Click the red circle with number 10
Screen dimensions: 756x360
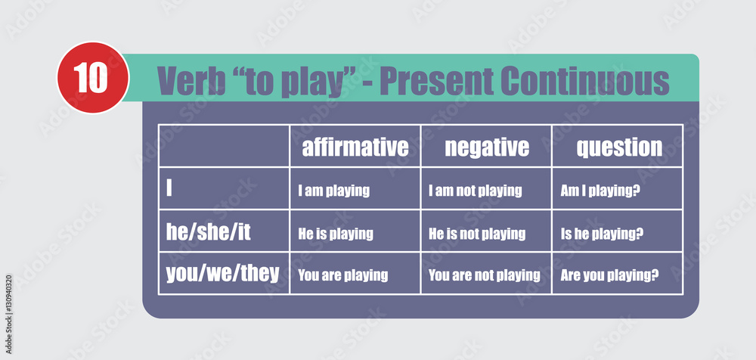point(93,78)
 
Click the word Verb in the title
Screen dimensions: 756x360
point(191,81)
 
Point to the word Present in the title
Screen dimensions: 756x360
point(436,81)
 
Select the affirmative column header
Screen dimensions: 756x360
point(355,147)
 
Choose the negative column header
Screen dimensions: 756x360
point(486,147)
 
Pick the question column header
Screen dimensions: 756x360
point(619,147)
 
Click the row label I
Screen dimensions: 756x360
point(169,188)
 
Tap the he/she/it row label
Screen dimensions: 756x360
point(209,232)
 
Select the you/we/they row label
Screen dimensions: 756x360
point(223,274)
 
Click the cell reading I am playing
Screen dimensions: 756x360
point(333,191)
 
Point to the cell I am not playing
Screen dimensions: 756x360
point(475,191)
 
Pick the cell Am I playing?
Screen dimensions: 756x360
point(600,191)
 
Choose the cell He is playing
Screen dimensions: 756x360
point(336,234)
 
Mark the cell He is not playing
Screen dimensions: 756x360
point(477,234)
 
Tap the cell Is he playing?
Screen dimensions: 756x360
point(602,234)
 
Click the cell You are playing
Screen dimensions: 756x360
point(342,275)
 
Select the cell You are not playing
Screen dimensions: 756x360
point(484,275)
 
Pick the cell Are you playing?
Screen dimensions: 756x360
point(609,275)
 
